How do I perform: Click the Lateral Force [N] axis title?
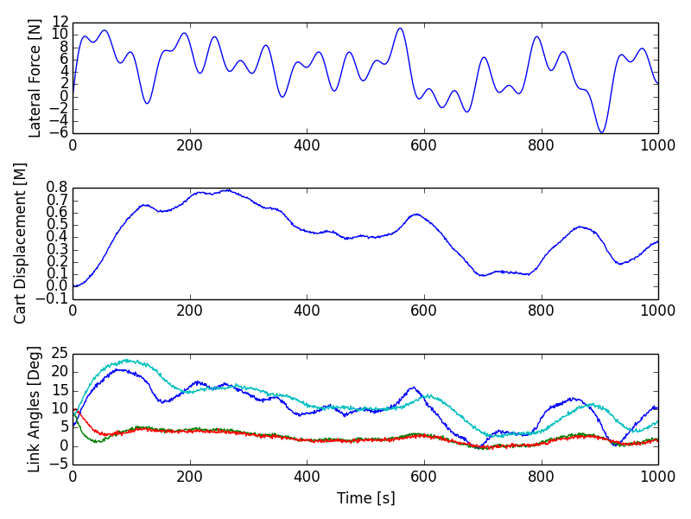pos(35,77)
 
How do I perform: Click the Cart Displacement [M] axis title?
pos(21,243)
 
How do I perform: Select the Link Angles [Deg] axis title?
pos(35,409)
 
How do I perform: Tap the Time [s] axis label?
pos(365,498)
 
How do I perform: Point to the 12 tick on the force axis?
pos(59,22)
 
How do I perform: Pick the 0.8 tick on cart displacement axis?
pos(57,188)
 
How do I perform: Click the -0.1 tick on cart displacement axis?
pos(54,299)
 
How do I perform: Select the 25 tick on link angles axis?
pos(59,354)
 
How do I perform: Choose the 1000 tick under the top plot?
pos(658,144)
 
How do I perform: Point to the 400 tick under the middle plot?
pos(307,311)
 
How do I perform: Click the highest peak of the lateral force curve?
pos(399,29)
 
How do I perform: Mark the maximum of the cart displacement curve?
pos(227,189)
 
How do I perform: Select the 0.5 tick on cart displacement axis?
pos(57,225)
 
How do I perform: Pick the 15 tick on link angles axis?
pos(59,391)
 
